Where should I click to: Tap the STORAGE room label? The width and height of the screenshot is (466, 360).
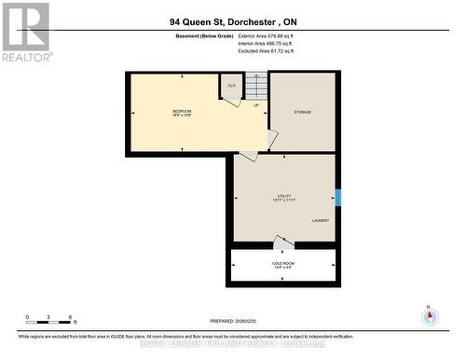302,112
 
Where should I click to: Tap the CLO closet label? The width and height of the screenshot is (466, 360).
230,85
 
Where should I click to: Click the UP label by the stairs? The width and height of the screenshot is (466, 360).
256,105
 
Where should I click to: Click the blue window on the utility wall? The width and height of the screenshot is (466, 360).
338,198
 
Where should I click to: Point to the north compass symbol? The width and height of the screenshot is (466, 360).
429,315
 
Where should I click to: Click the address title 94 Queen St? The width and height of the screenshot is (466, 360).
233,20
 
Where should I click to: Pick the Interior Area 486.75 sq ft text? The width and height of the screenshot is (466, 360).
279,44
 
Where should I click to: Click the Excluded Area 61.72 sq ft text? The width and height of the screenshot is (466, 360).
279,52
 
